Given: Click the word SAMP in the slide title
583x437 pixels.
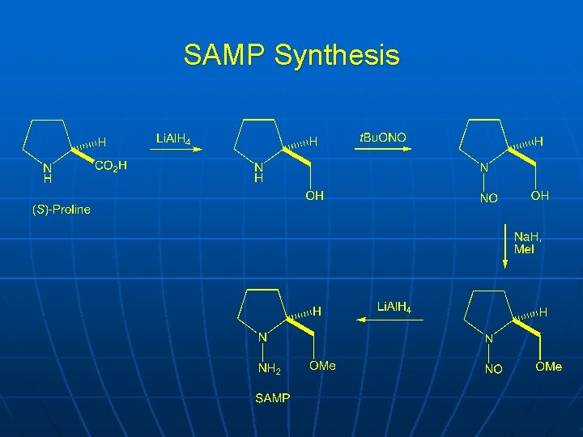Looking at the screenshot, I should pyautogui.click(x=224, y=55).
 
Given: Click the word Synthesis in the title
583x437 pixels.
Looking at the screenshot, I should pyautogui.click(x=337, y=56).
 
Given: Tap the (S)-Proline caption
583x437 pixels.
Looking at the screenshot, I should pyautogui.click(x=62, y=210).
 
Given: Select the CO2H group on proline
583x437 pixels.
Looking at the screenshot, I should pyautogui.click(x=111, y=167).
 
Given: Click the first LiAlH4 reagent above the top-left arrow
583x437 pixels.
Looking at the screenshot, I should pyautogui.click(x=173, y=139).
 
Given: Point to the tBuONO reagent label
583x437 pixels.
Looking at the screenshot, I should pyautogui.click(x=383, y=138).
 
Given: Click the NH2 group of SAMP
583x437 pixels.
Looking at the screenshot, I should pyautogui.click(x=269, y=369).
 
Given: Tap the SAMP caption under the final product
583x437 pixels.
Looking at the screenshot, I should pyautogui.click(x=273, y=398).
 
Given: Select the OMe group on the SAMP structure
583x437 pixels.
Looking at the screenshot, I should pyautogui.click(x=322, y=366).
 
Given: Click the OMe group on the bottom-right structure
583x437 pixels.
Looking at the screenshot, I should pyautogui.click(x=548, y=367).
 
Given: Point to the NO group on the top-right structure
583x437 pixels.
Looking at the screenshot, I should pyautogui.click(x=488, y=198).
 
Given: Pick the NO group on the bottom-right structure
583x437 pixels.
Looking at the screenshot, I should pyautogui.click(x=493, y=369).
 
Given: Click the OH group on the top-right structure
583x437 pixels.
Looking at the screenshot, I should pyautogui.click(x=540, y=195).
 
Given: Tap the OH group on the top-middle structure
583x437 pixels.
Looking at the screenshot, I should pyautogui.click(x=314, y=196).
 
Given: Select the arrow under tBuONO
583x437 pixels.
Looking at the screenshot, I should pyautogui.click(x=383, y=151).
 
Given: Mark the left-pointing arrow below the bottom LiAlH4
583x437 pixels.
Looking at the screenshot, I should pyautogui.click(x=392, y=320).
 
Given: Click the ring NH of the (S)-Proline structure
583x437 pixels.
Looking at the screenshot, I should pyautogui.click(x=47, y=174).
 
